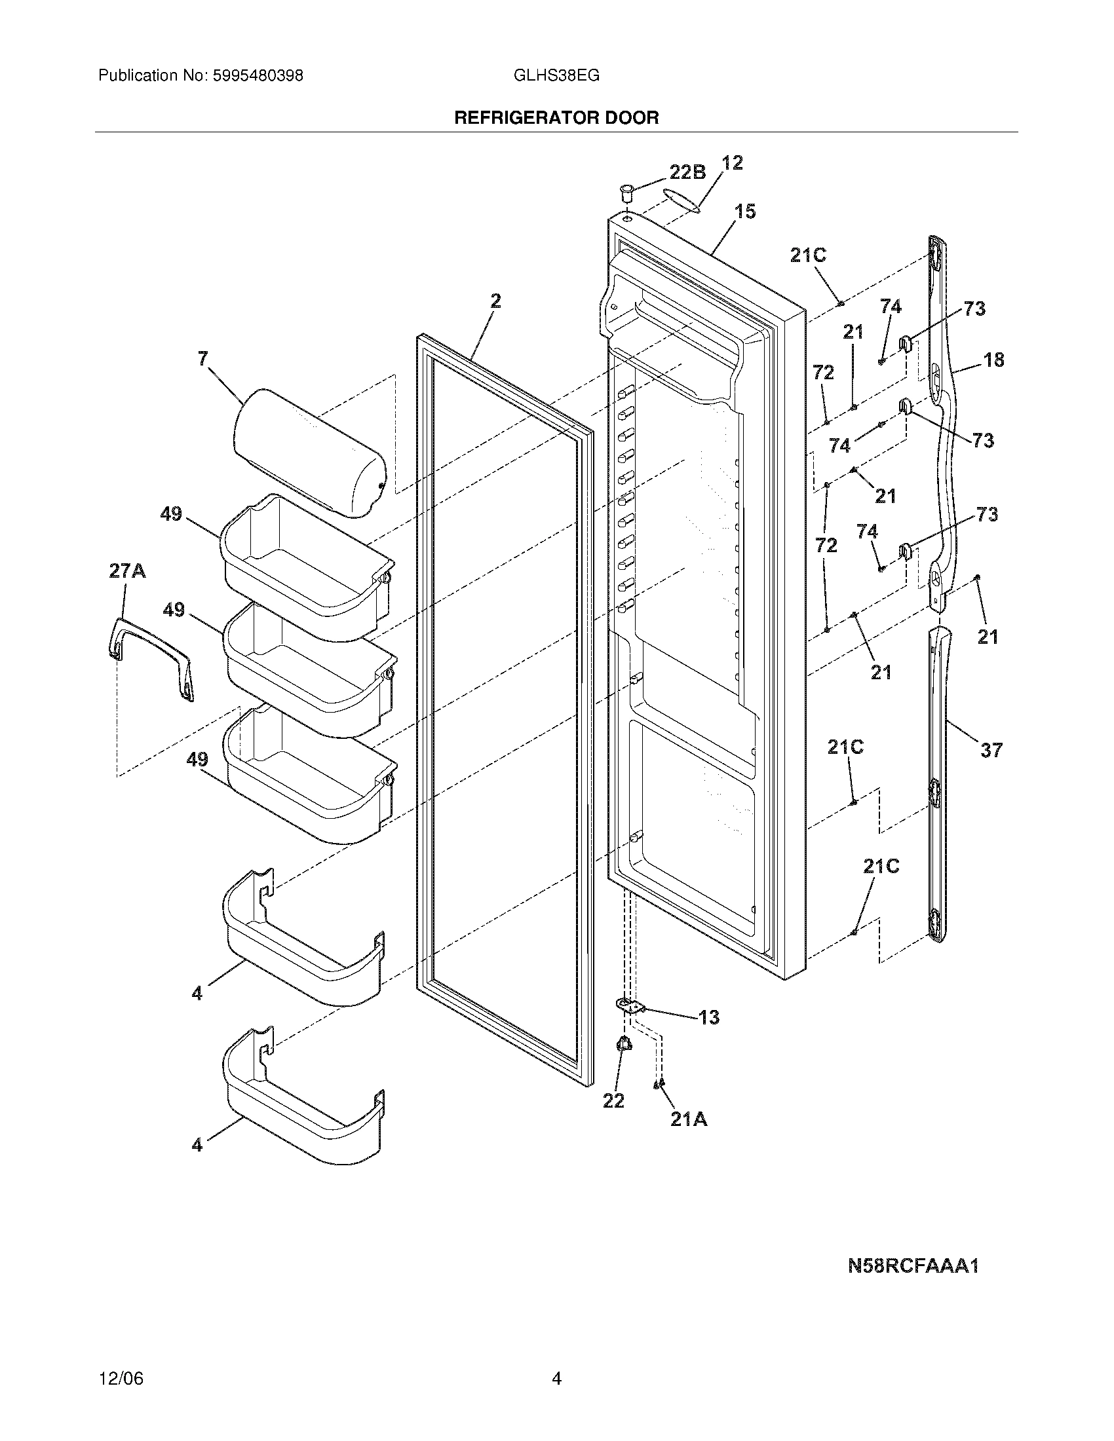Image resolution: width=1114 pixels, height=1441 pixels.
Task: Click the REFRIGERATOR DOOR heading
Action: point(556,118)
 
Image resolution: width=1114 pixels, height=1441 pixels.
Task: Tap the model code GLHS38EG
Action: point(556,76)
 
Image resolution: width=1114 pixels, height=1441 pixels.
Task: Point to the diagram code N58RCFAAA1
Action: point(913,1266)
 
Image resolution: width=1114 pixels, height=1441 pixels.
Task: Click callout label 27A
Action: point(127,571)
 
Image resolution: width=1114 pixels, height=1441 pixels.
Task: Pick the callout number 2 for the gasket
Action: point(495,301)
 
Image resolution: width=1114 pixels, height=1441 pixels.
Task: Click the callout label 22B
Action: point(687,172)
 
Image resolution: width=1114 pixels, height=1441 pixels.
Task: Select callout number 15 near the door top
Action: point(745,212)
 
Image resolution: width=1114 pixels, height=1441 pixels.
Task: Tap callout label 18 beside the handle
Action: point(994,360)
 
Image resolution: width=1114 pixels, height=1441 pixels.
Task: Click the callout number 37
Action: point(991,750)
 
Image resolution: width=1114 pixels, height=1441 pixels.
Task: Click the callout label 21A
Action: point(689,1119)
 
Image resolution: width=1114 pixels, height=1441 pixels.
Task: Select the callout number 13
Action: point(709,1017)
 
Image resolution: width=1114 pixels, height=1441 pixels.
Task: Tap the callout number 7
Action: point(203,358)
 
